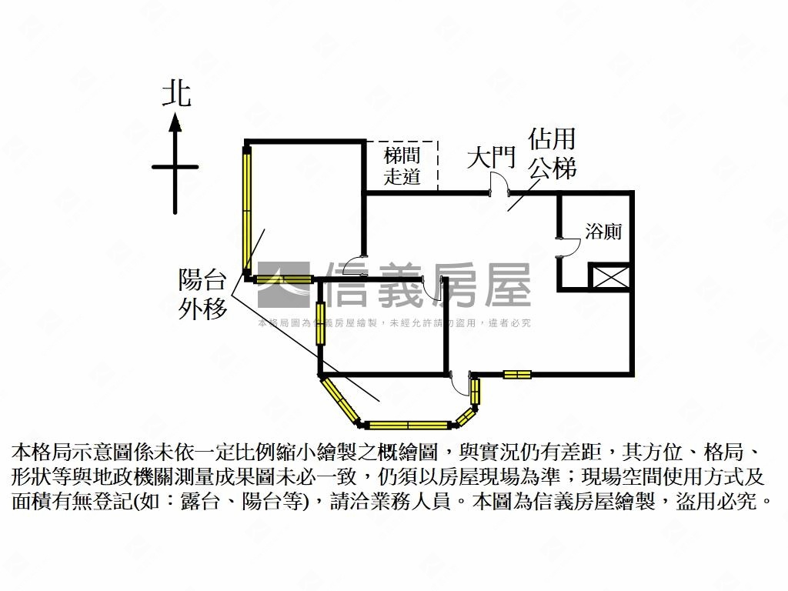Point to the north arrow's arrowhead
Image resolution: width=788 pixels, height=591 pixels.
[x=175, y=122]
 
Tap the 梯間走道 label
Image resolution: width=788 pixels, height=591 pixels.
[x=402, y=165]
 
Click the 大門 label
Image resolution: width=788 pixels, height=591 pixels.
[x=491, y=159]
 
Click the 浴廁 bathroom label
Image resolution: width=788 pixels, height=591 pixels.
[x=603, y=231]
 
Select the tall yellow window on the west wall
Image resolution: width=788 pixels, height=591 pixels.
[x=247, y=209]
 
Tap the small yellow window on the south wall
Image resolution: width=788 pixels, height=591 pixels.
[x=517, y=375]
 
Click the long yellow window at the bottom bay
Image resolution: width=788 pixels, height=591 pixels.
[x=408, y=424]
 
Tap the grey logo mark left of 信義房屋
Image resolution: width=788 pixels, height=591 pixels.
[x=283, y=285]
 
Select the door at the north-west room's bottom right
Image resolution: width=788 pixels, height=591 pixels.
[x=356, y=266]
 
